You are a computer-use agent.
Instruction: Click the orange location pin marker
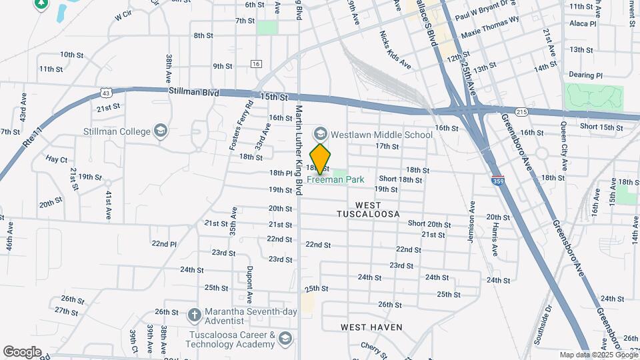pos(321,159)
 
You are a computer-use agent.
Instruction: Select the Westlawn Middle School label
pos(382,135)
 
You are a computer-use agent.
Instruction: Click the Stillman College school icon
pos(160,131)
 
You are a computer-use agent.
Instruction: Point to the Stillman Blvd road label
pos(194,91)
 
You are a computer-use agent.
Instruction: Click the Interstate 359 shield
pos(497,179)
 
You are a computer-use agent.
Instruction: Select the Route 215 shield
pos(521,111)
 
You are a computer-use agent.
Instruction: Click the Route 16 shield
pos(256,63)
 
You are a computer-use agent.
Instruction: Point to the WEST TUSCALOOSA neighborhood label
pos(368,209)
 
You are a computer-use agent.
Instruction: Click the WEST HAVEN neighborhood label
pos(371,327)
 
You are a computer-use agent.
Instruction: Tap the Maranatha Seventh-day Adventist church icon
pos(194,312)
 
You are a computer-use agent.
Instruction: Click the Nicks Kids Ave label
pos(395,50)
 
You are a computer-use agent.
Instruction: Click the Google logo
pos(22,351)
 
